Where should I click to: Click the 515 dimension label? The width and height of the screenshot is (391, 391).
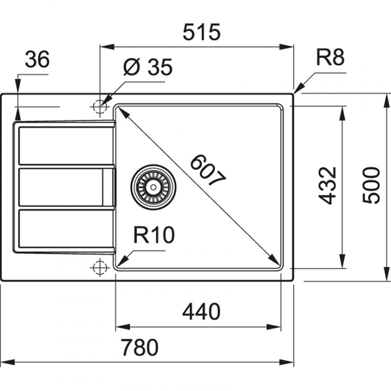[201, 32]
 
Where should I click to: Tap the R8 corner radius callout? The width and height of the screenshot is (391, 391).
[330, 58]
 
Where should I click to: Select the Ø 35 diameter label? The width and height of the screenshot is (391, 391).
[147, 67]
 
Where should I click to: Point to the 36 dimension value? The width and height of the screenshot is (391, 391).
[37, 60]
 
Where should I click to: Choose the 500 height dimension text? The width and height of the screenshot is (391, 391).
[371, 185]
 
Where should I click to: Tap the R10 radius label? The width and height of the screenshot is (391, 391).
[153, 236]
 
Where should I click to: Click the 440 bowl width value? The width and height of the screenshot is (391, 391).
[201, 311]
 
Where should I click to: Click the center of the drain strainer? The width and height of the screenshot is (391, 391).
[153, 186]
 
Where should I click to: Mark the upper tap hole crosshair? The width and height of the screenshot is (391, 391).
[99, 107]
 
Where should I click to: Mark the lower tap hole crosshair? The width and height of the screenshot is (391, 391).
[99, 267]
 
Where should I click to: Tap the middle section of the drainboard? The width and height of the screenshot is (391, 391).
[61, 187]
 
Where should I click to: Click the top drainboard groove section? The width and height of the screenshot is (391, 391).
[66, 145]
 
